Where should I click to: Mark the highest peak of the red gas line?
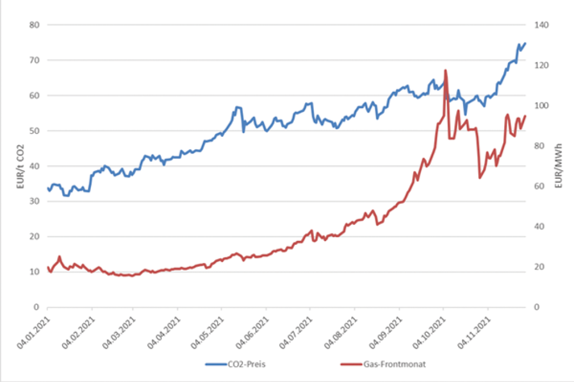click(x=445, y=70)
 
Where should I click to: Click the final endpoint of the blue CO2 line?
click(x=525, y=43)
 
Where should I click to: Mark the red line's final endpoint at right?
click(x=525, y=116)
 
